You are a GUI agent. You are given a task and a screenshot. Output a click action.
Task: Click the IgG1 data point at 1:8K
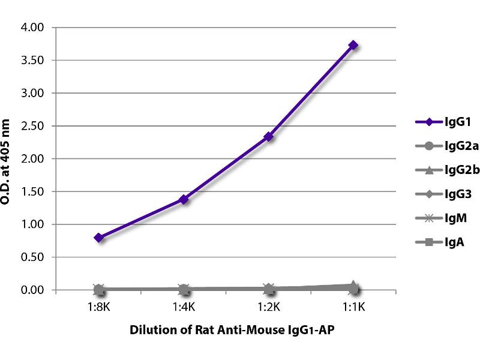click(99, 238)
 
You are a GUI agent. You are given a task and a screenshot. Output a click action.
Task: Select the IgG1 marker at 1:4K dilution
click(184, 199)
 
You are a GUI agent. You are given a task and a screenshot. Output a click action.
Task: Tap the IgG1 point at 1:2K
click(269, 137)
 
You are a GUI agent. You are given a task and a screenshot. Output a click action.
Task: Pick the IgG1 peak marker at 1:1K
click(353, 45)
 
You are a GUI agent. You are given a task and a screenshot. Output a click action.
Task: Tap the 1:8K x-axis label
click(99, 307)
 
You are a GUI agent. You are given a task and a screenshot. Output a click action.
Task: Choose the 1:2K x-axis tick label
click(269, 307)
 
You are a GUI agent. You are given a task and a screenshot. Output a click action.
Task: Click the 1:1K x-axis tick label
click(353, 307)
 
